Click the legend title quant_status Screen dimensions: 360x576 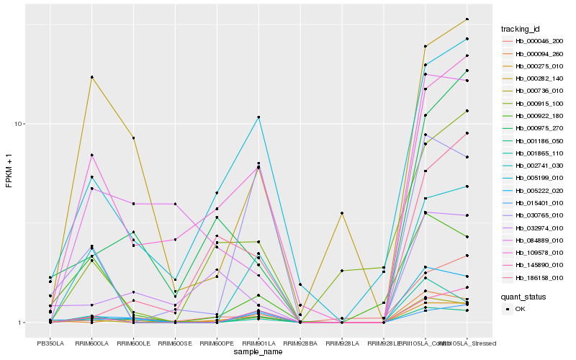[523, 296]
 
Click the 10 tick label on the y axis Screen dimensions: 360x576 [20, 124]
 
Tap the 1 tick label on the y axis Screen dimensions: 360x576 [22, 323]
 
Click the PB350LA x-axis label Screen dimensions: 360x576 [50, 343]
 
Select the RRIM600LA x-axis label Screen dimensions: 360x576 [91, 343]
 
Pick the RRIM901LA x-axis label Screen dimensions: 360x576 [258, 343]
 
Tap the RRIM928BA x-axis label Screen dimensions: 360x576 [300, 343]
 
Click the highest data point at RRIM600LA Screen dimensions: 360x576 [91, 77]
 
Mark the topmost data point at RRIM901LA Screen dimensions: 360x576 [258, 117]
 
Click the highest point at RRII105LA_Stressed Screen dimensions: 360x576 [467, 19]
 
